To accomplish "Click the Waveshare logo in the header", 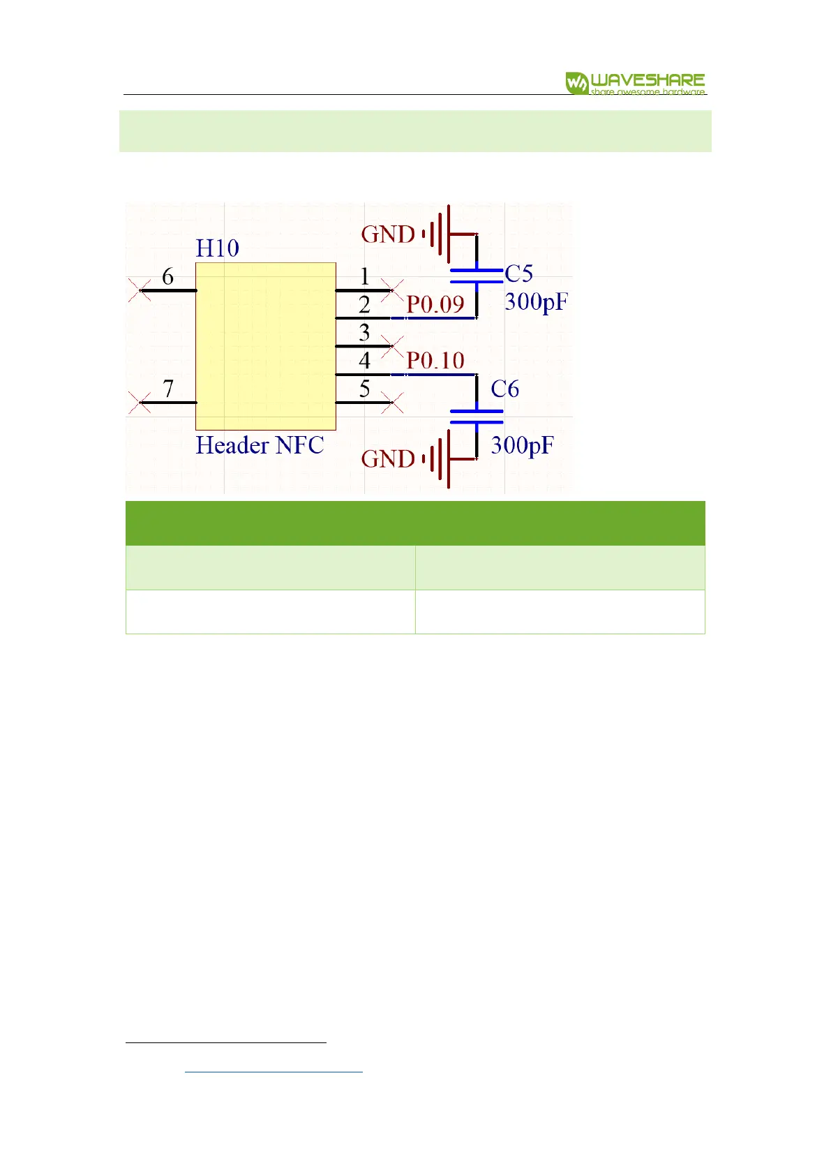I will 635,83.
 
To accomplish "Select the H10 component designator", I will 217,248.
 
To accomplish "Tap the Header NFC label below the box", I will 260,445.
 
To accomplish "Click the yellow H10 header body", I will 265,346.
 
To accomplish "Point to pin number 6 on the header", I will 167,277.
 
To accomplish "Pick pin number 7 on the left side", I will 167,389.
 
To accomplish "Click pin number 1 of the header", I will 364,277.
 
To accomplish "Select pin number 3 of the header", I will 364,333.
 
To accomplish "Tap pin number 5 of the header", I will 364,389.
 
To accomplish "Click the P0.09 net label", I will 435,305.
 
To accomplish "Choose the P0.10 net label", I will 435,361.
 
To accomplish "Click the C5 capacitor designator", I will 518,274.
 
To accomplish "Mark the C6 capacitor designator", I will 504,389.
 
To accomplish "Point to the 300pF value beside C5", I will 536,302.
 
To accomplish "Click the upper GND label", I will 388,234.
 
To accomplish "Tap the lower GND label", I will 388,459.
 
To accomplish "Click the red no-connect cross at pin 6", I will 140,290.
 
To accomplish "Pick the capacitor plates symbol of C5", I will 477,276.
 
